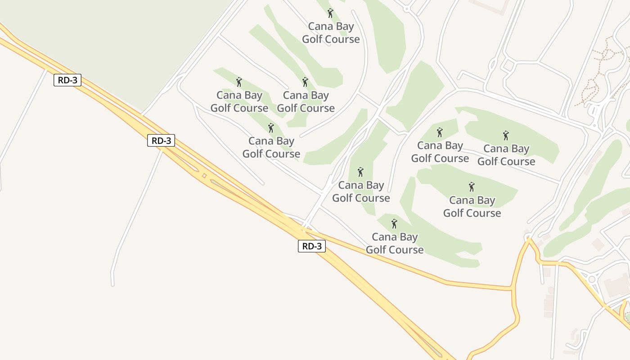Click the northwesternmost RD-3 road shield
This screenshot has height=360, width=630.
tap(67, 81)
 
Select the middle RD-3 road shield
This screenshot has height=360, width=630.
tap(161, 140)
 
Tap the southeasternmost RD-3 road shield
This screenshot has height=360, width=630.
tap(311, 246)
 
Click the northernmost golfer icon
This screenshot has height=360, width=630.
tap(330, 13)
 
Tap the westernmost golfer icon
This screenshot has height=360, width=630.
tap(239, 82)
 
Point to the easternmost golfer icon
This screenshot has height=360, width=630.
tap(506, 135)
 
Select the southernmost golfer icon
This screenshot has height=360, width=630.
tap(394, 224)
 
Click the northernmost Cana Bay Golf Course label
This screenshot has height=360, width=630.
tap(331, 33)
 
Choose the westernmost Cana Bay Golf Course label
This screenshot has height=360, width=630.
tap(239, 102)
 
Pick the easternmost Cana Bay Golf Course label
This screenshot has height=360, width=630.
tap(506, 155)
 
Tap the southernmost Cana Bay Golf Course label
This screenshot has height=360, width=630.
tap(395, 243)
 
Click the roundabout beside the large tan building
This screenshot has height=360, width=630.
tap(592, 279)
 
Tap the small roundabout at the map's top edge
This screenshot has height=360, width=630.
tap(406, 9)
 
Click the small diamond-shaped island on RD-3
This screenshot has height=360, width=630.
tap(204, 175)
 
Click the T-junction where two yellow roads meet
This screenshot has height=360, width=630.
tap(512, 287)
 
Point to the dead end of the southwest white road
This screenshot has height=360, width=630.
tap(112, 284)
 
